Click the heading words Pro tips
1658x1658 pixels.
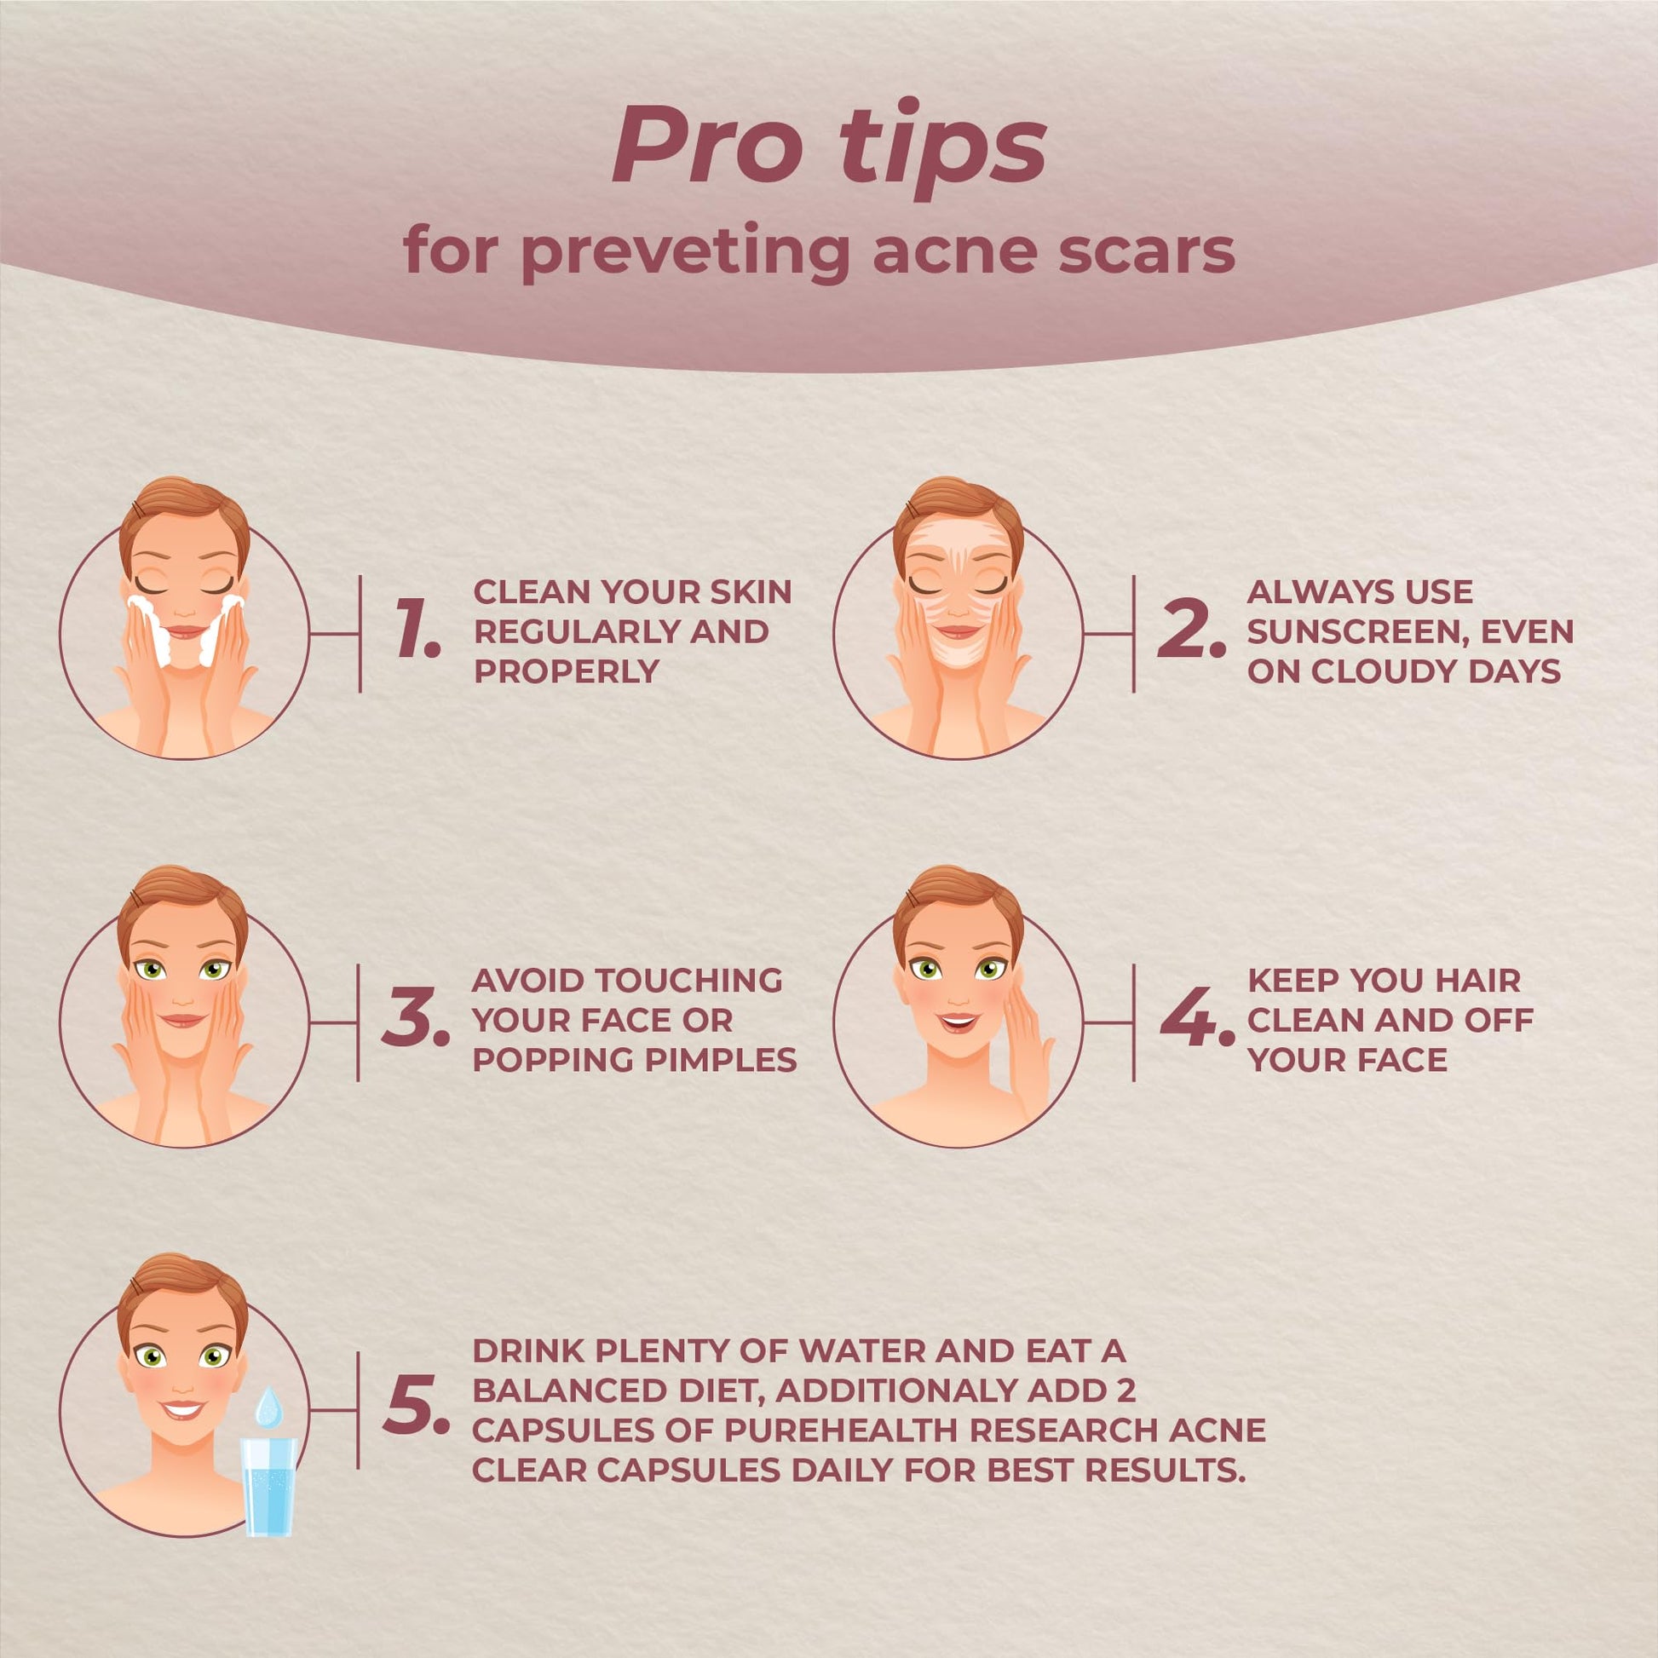(829, 147)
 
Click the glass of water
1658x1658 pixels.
(269, 1488)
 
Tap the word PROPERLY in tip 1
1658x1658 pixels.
(567, 671)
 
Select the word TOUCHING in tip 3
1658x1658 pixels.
(689, 980)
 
